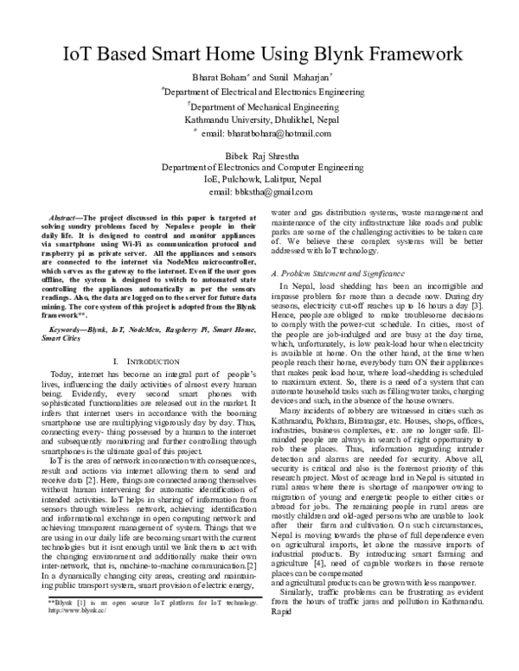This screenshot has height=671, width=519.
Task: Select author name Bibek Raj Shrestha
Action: [259, 154]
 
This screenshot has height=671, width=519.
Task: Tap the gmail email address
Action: [259, 191]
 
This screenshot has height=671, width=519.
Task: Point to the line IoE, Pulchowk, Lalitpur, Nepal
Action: [259, 179]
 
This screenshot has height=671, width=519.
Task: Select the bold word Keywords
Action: [67, 305]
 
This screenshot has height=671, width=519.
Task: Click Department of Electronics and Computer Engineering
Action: [259, 167]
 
